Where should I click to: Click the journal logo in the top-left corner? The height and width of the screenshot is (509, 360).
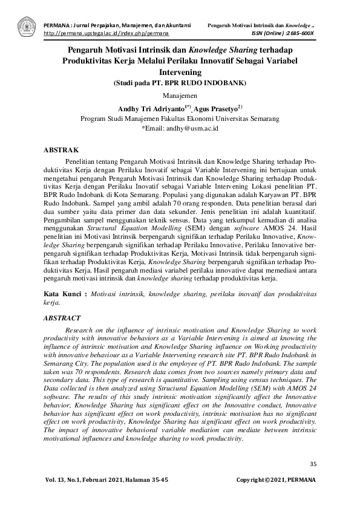(x=26, y=26)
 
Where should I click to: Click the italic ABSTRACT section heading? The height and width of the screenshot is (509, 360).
(x=64, y=317)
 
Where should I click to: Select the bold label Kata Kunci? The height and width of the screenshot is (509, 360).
(x=65, y=293)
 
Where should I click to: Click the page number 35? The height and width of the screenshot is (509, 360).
(x=313, y=464)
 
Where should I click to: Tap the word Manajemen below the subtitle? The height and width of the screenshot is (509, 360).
(x=180, y=96)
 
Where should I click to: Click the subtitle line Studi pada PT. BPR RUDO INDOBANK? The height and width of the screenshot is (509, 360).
(x=180, y=83)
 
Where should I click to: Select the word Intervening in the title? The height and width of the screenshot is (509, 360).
(x=180, y=71)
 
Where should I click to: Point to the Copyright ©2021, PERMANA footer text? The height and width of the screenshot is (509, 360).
(x=275, y=479)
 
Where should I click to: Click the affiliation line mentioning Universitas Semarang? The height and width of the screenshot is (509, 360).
(x=180, y=119)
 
